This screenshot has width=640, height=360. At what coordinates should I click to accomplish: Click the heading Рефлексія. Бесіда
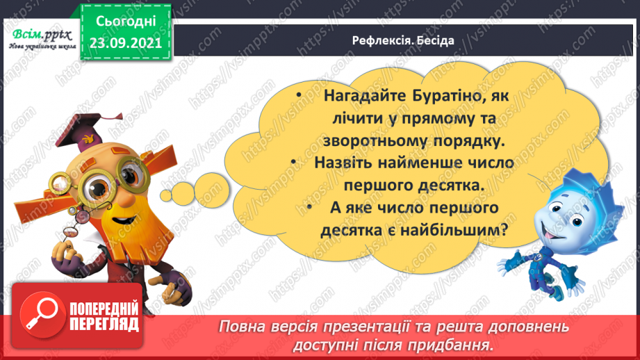tap(402, 40)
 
